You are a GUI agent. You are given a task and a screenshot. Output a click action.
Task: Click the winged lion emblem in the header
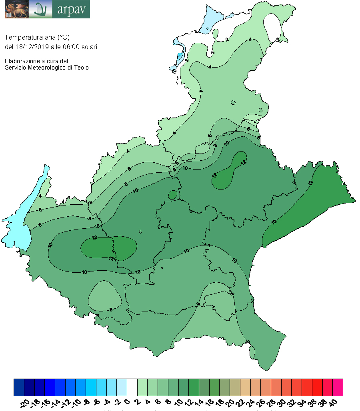(x=16, y=9)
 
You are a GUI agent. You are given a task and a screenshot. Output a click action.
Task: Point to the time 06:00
(x=70, y=47)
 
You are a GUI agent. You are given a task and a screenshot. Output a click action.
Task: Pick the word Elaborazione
(x=21, y=61)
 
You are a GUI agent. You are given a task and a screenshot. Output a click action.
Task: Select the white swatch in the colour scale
(x=132, y=387)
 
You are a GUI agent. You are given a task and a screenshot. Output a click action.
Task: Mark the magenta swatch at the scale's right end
(x=338, y=387)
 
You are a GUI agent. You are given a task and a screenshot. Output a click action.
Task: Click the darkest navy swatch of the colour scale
(x=29, y=387)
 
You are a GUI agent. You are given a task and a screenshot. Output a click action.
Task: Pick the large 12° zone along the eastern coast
(x=316, y=200)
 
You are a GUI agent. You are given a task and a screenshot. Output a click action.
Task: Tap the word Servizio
(x=16, y=68)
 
